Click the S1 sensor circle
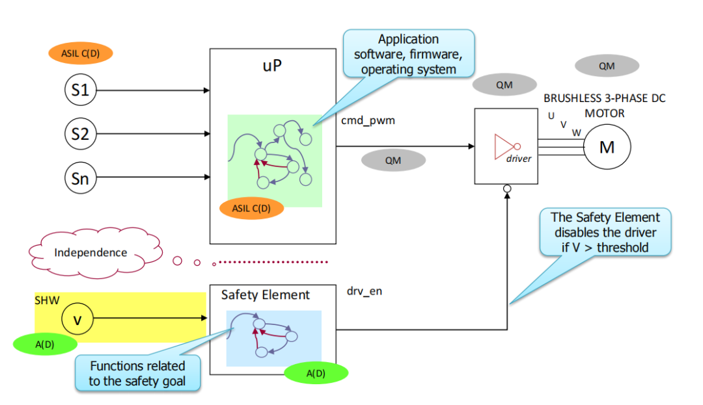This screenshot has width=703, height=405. point(80,90)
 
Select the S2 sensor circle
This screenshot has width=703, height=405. point(80,135)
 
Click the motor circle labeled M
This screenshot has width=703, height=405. point(607,148)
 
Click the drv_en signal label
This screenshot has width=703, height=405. point(365,291)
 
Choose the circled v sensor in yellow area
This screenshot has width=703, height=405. point(77,319)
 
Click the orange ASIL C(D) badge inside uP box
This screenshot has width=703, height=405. point(251,208)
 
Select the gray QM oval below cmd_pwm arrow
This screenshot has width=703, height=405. point(393,160)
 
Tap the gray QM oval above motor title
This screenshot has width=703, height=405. point(607,66)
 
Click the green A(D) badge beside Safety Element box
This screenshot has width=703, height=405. point(316,372)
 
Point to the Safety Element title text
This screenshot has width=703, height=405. point(265,294)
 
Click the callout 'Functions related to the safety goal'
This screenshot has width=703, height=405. point(137,373)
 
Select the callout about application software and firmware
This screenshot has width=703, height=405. point(408,54)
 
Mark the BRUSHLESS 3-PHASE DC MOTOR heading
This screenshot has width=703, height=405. point(604,105)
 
